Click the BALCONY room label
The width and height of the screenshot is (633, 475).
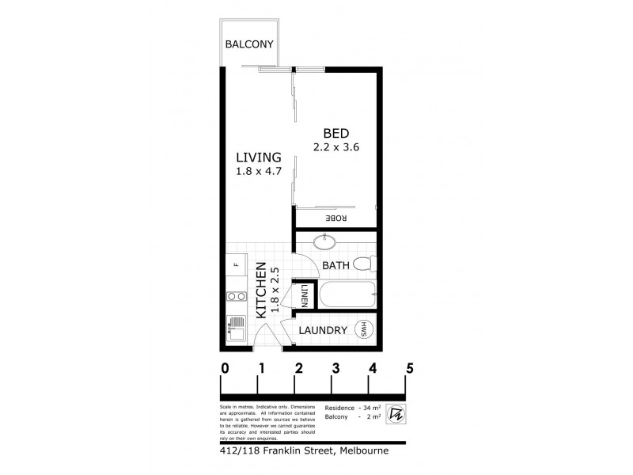[x=250, y=45]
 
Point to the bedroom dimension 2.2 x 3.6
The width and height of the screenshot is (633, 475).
[x=334, y=146]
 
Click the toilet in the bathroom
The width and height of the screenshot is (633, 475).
[x=362, y=264]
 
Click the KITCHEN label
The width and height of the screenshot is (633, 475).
[x=260, y=291]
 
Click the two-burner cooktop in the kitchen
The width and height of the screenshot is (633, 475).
[x=235, y=298]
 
